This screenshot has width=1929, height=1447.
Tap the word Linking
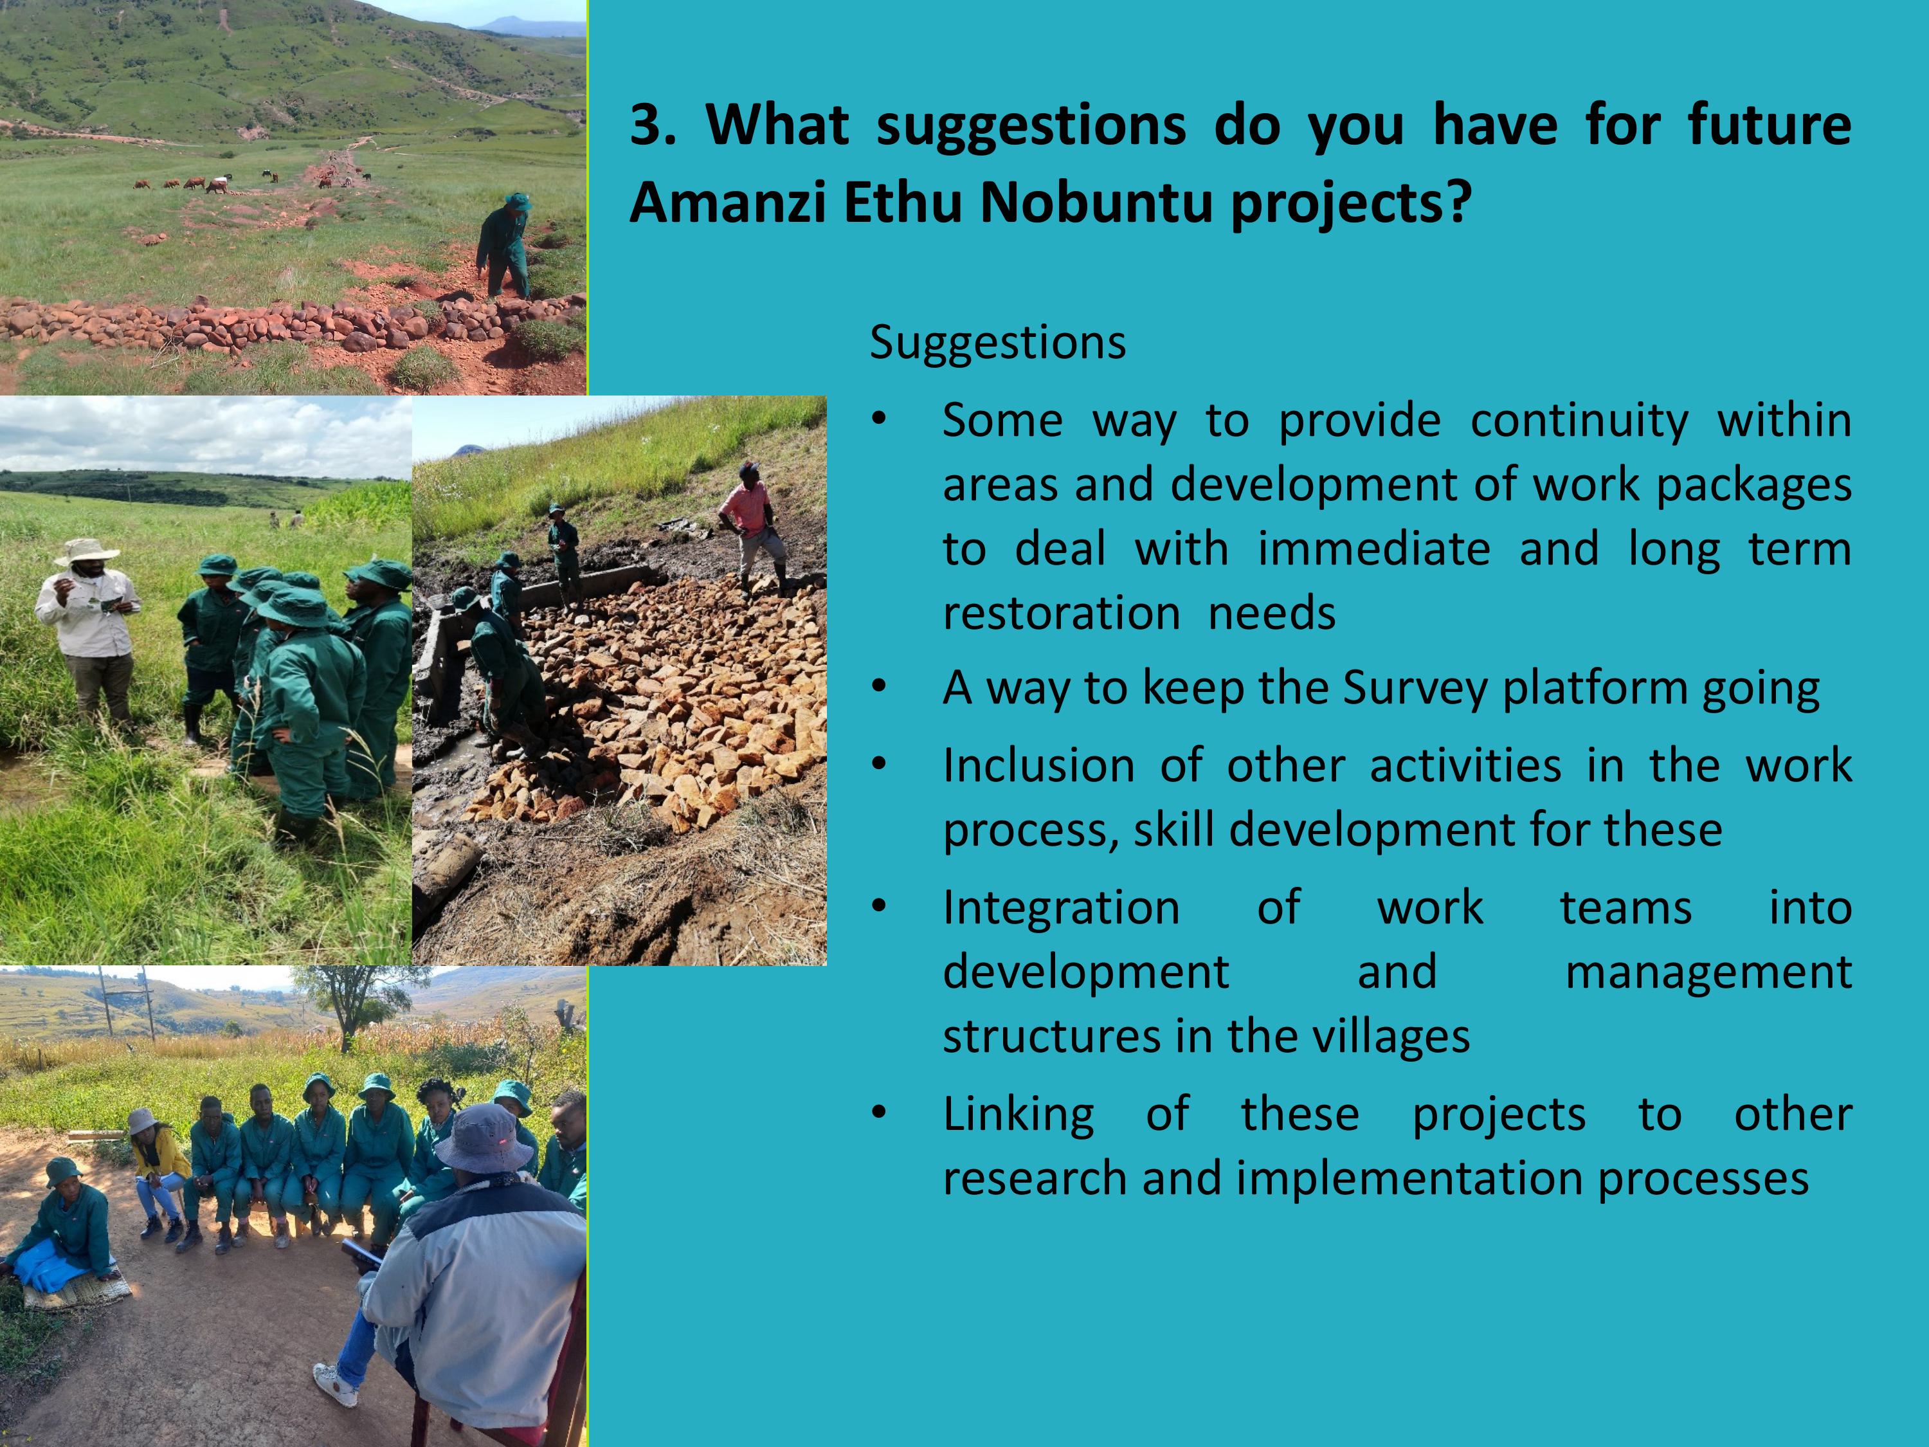(x=1019, y=1114)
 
